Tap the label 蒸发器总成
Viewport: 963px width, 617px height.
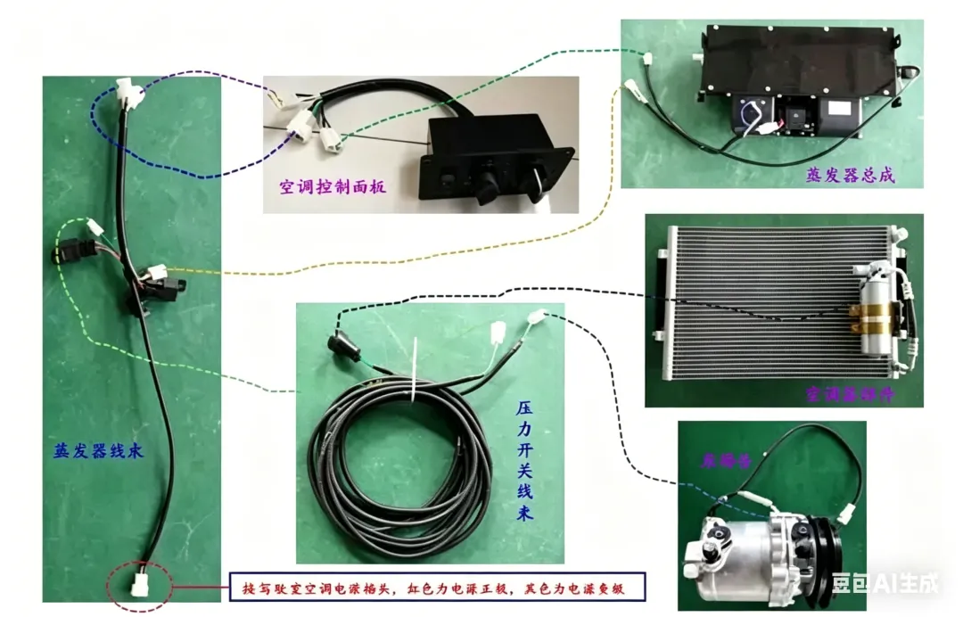click(848, 176)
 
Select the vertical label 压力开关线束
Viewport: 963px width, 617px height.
click(525, 462)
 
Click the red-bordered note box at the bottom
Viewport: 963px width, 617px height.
click(437, 588)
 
